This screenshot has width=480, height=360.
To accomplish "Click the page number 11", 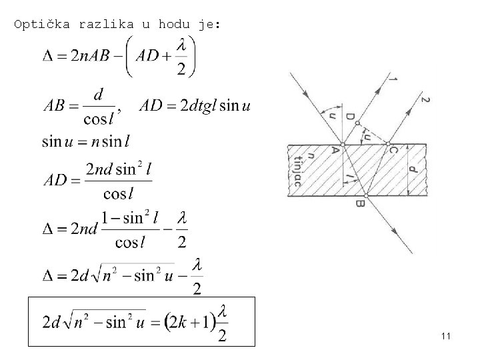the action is [446, 337].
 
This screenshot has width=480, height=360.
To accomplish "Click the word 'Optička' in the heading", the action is [42, 25].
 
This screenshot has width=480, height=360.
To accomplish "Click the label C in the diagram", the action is [393, 151].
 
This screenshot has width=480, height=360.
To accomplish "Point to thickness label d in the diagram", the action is [414, 170].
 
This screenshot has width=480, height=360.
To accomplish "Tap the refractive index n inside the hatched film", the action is [307, 158].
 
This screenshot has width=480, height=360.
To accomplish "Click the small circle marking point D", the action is [358, 123].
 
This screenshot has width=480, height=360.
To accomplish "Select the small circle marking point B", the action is [364, 195].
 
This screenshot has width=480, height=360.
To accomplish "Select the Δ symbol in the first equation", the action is [49, 57].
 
